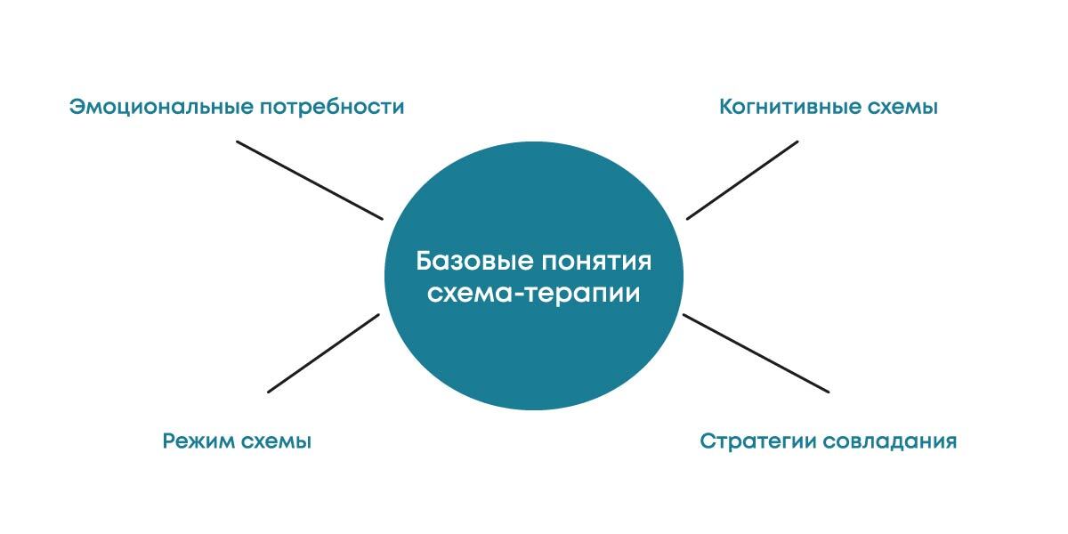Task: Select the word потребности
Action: [332, 108]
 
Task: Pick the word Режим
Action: [198, 441]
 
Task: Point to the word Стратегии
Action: [754, 441]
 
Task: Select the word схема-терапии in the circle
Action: [534, 293]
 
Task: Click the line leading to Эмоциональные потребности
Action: [309, 180]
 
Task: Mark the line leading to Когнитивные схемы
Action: [742, 180]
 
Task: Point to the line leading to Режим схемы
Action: [324, 352]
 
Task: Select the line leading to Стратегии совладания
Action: [756, 352]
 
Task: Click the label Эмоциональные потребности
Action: [237, 108]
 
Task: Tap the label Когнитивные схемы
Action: [829, 108]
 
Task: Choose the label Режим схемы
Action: [237, 441]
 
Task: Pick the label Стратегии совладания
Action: [829, 441]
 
